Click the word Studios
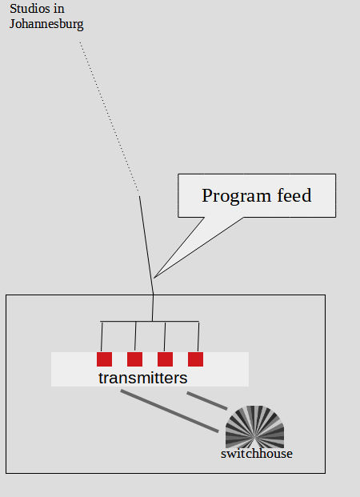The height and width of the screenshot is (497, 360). [30, 9]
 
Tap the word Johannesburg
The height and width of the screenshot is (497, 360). [46, 24]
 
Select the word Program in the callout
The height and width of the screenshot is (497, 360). [237, 196]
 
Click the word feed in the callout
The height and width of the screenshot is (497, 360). [294, 195]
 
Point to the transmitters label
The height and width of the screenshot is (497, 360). [143, 378]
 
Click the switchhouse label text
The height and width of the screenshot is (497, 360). [257, 454]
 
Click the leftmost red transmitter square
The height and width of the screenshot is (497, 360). [104, 359]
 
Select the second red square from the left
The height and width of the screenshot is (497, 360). [134, 359]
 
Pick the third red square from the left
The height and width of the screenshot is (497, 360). [165, 359]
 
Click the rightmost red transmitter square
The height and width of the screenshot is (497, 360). [195, 359]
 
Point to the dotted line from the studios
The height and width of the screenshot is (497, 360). [109, 116]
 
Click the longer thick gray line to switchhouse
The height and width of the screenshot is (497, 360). [170, 411]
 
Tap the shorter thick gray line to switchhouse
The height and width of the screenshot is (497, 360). [207, 401]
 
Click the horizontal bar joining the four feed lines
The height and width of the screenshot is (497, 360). [150, 322]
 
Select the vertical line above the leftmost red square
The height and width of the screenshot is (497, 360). [102, 337]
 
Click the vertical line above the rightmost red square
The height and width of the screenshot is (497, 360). [198, 337]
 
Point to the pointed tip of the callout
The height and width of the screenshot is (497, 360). [154, 278]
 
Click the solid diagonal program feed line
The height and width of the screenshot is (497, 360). [146, 245]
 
